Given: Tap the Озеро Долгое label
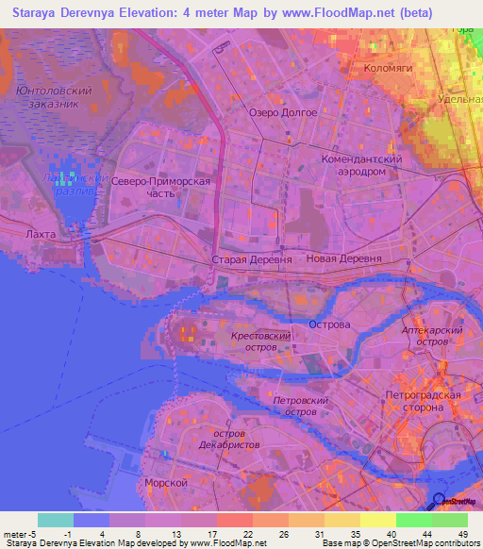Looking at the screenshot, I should (x=277, y=112).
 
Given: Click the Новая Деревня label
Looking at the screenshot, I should (x=343, y=258).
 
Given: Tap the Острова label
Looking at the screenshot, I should (x=329, y=324).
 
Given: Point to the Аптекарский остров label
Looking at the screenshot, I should (x=445, y=337).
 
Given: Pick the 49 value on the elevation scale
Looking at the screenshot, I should (x=462, y=534).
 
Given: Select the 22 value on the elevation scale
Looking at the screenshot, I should (x=246, y=534).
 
